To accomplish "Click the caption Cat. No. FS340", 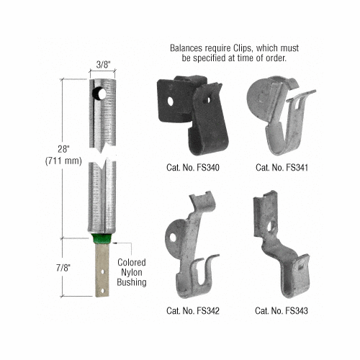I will click(x=188, y=167).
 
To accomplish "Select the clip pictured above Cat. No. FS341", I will click(x=278, y=115).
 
